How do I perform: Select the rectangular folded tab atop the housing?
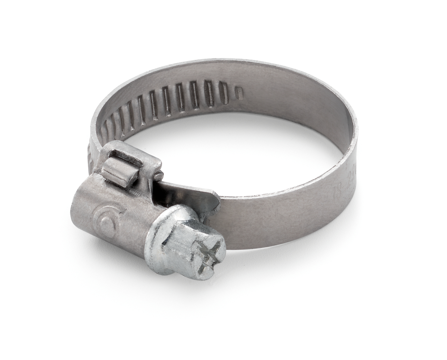click(x=118, y=172)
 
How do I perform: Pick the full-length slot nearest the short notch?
click(x=223, y=93)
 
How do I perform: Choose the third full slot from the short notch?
click(x=194, y=95)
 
